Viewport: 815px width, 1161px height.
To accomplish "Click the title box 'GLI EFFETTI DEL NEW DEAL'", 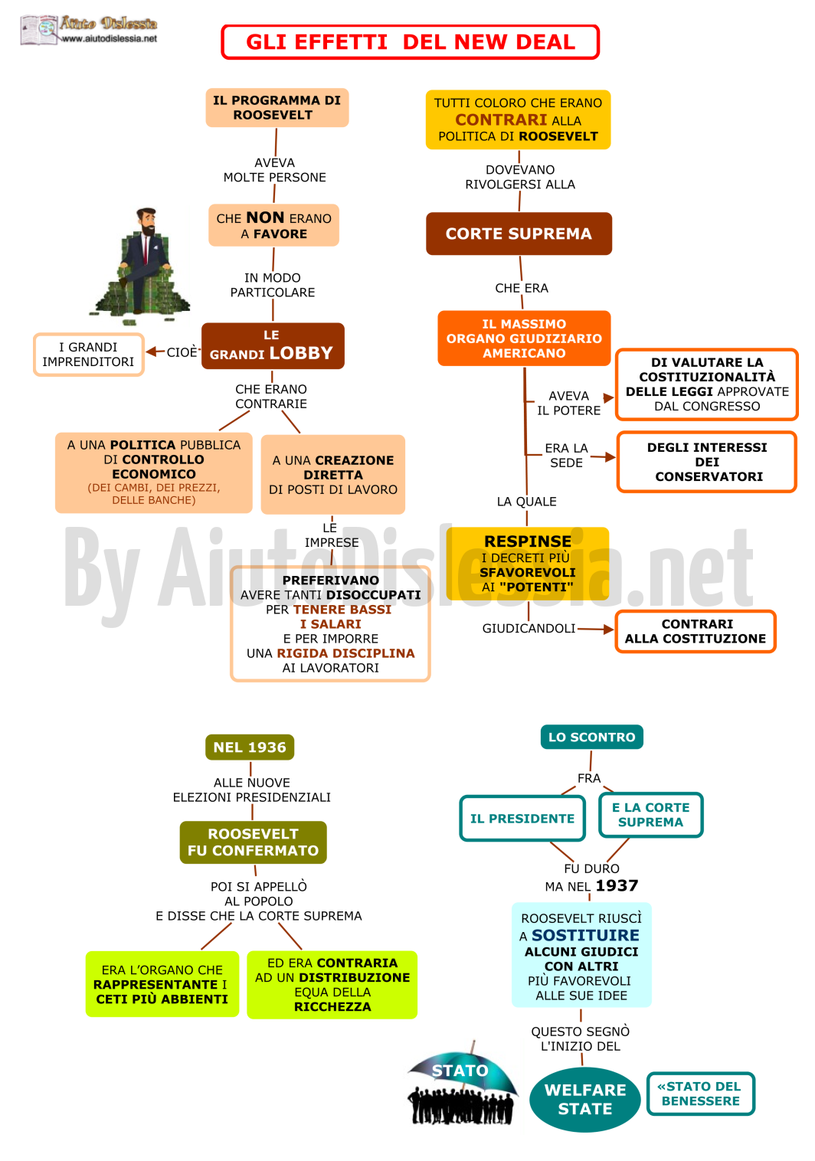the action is (x=410, y=42).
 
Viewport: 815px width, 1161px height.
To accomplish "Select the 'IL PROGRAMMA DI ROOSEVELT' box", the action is (x=277, y=107).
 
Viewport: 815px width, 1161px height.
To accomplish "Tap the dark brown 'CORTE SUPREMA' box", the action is (x=519, y=234).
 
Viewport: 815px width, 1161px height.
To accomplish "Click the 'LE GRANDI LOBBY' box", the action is (x=273, y=345).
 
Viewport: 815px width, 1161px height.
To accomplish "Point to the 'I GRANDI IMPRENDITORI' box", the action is (x=89, y=355).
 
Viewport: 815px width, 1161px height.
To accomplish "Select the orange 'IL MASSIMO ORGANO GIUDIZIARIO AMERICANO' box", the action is (x=524, y=338).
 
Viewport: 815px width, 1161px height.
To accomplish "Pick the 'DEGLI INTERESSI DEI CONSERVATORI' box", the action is (x=707, y=461).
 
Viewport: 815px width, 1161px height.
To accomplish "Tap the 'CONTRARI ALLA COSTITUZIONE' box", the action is (x=695, y=631).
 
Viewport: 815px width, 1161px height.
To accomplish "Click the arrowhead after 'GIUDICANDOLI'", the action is (x=607, y=630).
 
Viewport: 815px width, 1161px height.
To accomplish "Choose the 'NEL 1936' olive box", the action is (x=250, y=747).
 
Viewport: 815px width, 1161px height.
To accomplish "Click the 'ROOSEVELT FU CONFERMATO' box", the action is (x=253, y=842).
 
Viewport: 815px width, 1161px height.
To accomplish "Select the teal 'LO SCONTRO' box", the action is (x=591, y=737).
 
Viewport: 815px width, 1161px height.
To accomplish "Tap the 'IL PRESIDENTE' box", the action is (x=522, y=819).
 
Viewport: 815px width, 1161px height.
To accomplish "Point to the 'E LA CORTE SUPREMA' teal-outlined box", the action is (x=650, y=815).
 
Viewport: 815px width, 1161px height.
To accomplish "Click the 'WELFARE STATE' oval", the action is (x=584, y=1099).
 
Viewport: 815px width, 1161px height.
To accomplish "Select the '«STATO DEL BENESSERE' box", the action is (x=700, y=1093).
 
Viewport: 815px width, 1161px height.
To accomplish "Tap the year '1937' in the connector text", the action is (x=617, y=885).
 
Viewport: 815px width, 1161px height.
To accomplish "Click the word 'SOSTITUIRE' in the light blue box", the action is (x=585, y=935).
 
